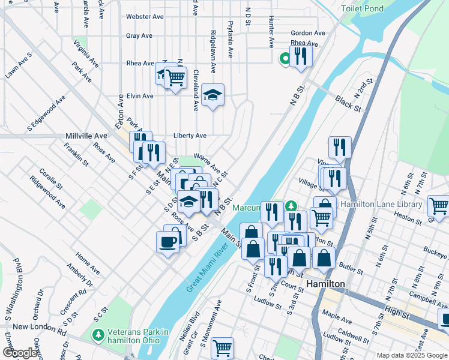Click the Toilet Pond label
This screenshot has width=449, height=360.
362,9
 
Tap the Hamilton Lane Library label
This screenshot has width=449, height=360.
381,205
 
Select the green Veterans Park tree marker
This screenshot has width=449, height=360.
97,333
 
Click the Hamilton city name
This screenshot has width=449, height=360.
325,284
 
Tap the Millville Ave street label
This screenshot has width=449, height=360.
86,136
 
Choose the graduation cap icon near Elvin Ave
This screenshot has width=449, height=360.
212,95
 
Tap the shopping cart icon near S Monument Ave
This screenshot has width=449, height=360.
222,347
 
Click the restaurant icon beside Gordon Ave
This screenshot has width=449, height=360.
301,56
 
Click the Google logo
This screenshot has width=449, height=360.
20,353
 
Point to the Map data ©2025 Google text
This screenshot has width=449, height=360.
411,355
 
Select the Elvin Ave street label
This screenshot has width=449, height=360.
140,96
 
